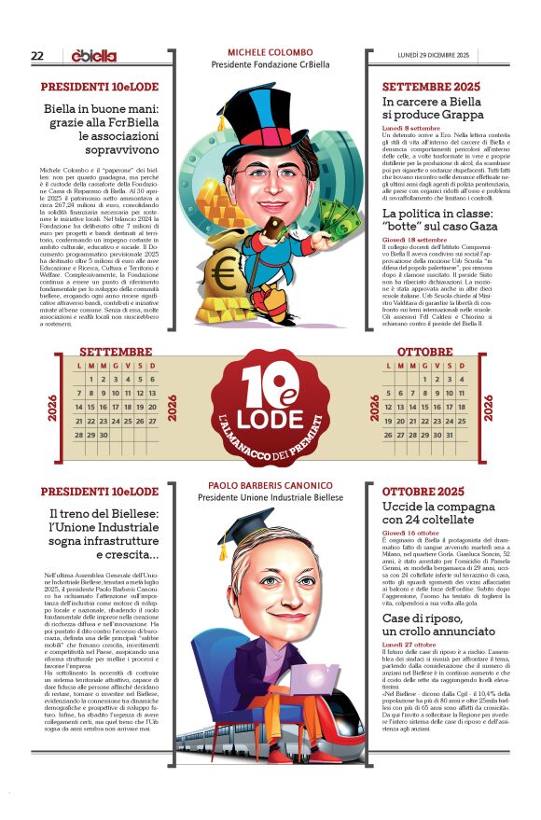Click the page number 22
tap(37, 56)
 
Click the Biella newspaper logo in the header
tap(94, 56)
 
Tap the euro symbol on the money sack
tap(224, 273)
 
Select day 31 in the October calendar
tap(448, 435)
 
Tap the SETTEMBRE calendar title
tap(116, 352)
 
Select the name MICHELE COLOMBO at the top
tap(270, 52)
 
